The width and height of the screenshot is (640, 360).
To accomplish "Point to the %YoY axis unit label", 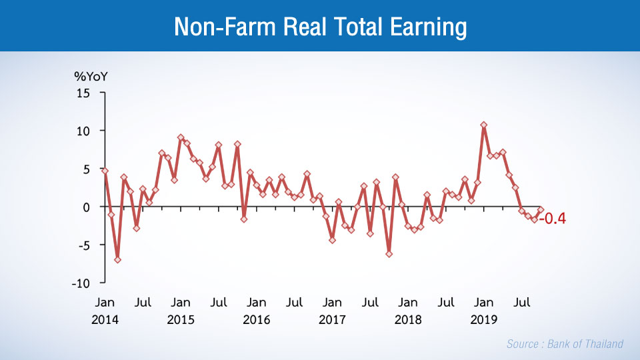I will (x=90, y=75).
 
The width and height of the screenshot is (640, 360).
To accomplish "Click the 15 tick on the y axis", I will (x=83, y=93).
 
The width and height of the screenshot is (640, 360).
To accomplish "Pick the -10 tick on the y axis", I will (x=81, y=283).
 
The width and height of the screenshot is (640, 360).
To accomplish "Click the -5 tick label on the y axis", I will (x=83, y=245).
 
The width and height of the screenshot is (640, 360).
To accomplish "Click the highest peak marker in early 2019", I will (x=484, y=125).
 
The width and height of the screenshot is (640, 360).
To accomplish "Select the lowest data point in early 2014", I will (x=117, y=259).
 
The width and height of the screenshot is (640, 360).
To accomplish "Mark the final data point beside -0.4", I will (x=541, y=210).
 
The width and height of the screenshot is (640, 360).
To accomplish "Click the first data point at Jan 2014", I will (x=105, y=171).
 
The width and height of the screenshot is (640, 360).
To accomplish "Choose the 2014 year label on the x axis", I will (x=105, y=319).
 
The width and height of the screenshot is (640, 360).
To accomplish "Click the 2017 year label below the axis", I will (x=332, y=319).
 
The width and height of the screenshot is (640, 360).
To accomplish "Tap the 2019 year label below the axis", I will (x=484, y=319).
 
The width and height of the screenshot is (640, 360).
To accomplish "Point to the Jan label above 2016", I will (x=257, y=303).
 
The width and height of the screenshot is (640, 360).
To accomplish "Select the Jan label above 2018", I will (x=408, y=303).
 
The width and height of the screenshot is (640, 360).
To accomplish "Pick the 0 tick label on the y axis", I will (x=86, y=207).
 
